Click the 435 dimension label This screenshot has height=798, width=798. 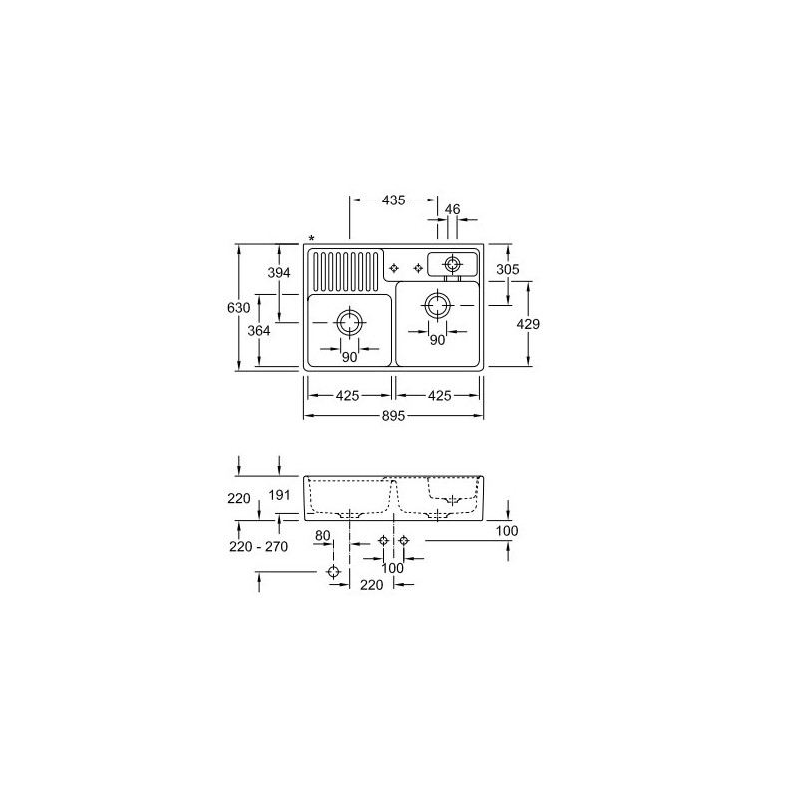[393, 200]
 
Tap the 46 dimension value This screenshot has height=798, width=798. [452, 209]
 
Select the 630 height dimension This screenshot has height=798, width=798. [238, 308]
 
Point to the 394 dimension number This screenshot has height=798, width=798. [279, 272]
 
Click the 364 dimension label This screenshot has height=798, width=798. [259, 331]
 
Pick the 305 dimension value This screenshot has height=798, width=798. [508, 269]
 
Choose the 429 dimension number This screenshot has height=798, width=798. [528, 323]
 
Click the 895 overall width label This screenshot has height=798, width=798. [393, 416]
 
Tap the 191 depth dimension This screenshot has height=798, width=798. [279, 494]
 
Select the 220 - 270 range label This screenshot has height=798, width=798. [258, 546]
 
